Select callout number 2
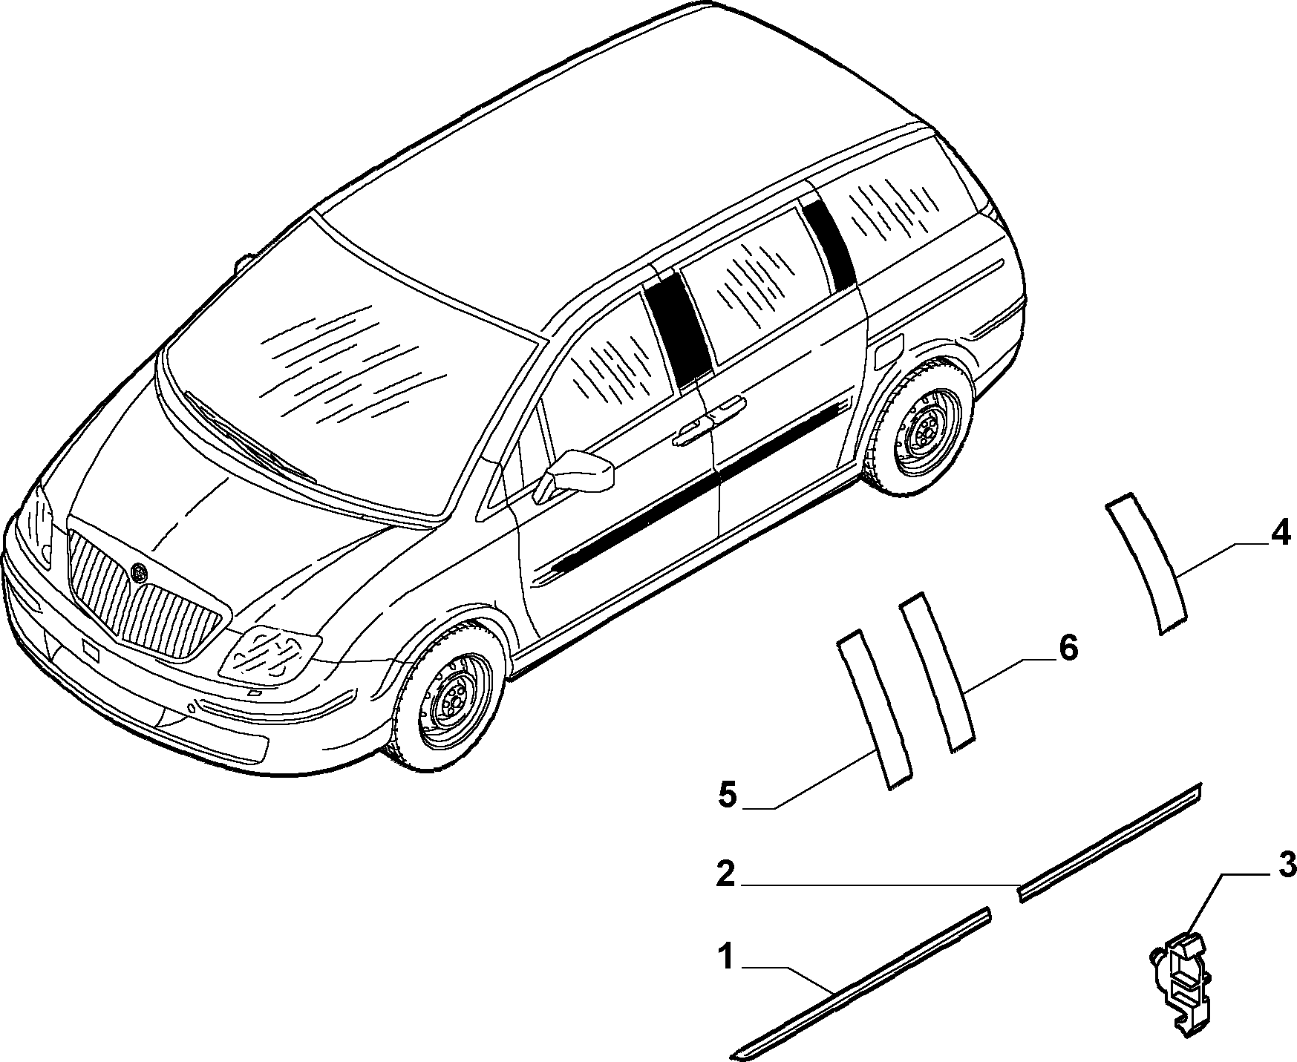click(x=725, y=873)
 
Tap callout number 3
click(x=1287, y=864)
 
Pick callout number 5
click(x=728, y=796)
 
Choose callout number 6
click(x=1067, y=649)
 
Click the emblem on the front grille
click(x=139, y=572)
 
